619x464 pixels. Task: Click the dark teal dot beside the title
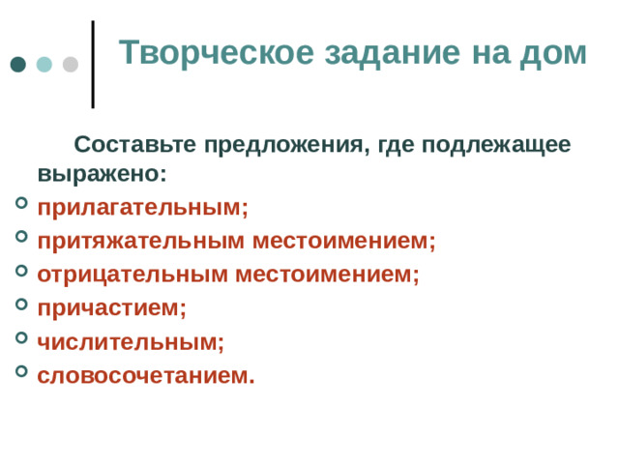point(18,65)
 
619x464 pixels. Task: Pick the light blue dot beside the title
point(44,65)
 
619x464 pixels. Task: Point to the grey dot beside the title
point(70,65)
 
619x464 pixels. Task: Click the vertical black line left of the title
point(93,64)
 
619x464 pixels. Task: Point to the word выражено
point(102,175)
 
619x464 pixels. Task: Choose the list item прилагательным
point(142,208)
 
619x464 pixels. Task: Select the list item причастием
point(111,307)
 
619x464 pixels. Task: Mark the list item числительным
point(131,341)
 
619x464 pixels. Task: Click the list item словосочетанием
point(146,375)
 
